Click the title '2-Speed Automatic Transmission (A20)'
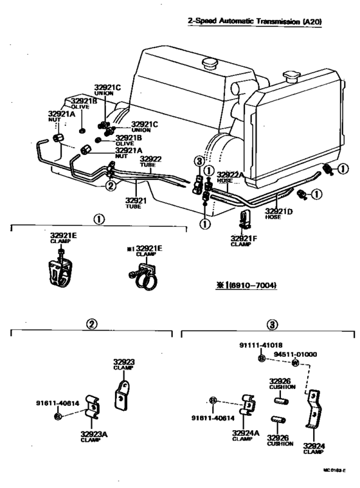point(255,21)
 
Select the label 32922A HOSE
point(230,177)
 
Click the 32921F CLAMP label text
point(244,241)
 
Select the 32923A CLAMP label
point(94,436)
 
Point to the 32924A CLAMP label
point(246,436)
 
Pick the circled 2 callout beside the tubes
point(111,186)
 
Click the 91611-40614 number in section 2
point(57,403)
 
